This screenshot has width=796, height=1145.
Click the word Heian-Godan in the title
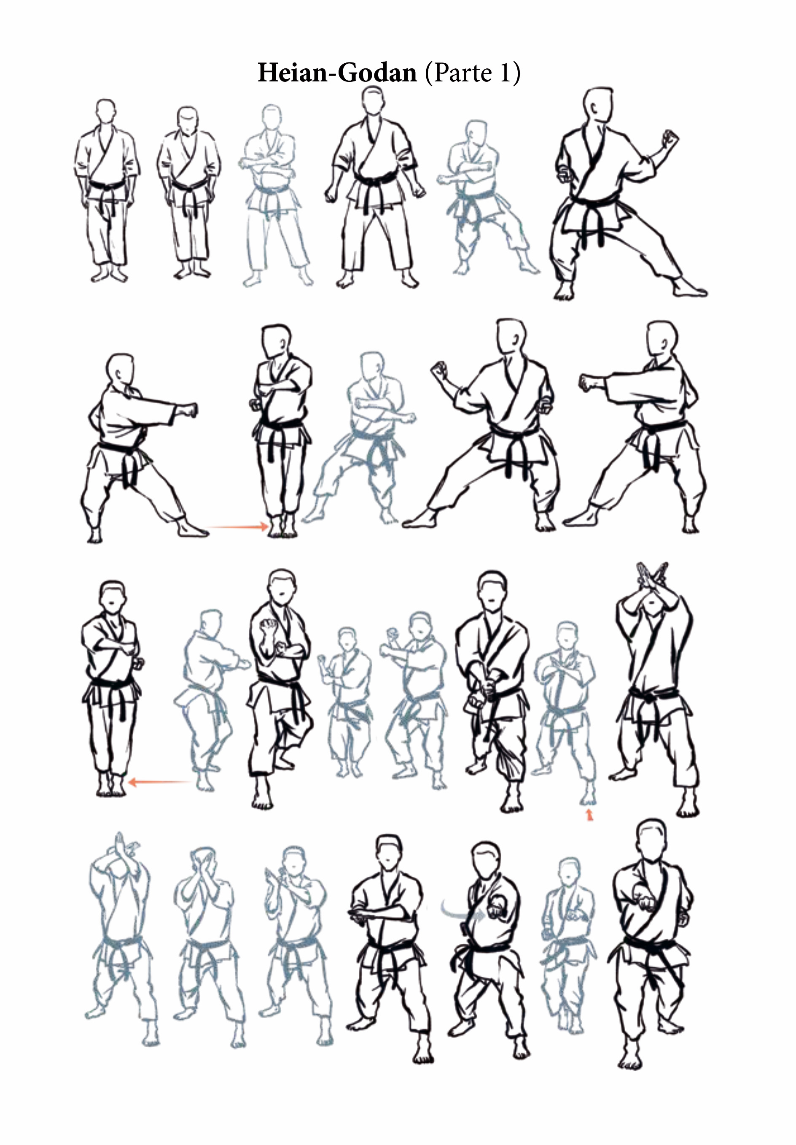click(x=337, y=73)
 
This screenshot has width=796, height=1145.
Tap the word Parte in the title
click(x=463, y=73)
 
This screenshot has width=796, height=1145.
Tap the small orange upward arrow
click(x=590, y=815)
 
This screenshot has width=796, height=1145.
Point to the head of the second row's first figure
click(x=121, y=370)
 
